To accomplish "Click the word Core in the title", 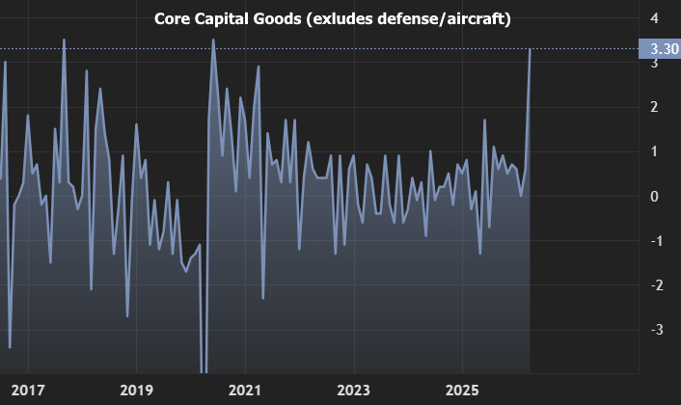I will [174, 19].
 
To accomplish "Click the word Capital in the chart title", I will [225, 19].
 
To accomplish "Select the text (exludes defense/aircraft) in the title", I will [408, 19].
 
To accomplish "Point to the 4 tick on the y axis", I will [655, 18].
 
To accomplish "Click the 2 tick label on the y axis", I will [655, 107].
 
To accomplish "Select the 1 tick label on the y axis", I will [655, 151].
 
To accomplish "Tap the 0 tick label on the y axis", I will [655, 196].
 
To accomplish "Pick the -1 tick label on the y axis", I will [653, 240].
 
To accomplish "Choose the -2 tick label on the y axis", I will [653, 284].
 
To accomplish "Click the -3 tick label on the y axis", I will [653, 329].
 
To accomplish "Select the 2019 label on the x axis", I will [136, 390].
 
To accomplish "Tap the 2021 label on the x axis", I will [245, 390].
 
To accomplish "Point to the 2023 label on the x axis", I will [353, 390].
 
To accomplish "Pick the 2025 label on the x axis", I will [462, 390].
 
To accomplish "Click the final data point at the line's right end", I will [531, 49].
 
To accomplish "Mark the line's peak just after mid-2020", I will [213, 40].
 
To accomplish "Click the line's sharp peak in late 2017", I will [64, 40].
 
